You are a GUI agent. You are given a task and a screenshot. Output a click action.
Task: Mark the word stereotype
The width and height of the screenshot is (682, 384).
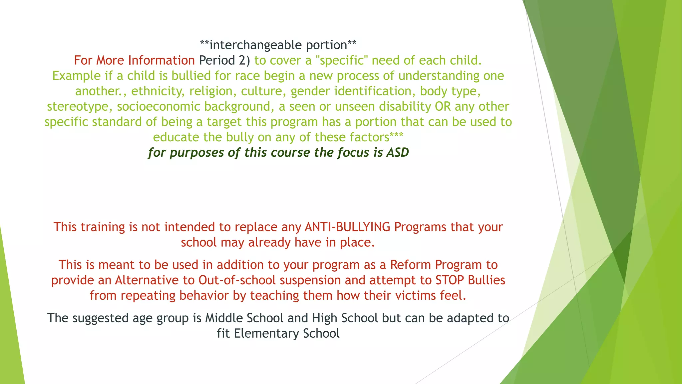pos(80,106)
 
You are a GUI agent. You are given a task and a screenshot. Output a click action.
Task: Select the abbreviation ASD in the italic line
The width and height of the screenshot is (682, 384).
pos(398,152)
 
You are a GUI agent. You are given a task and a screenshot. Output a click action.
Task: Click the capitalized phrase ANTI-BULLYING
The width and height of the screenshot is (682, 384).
pos(347,227)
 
